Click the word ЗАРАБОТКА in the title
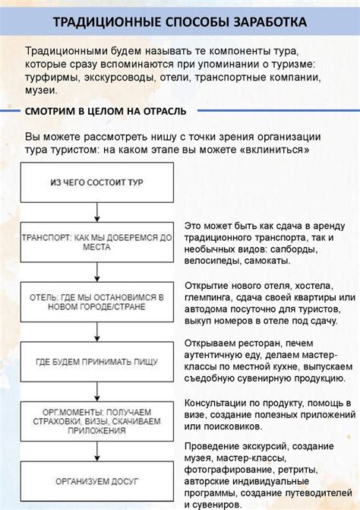pos(267,21)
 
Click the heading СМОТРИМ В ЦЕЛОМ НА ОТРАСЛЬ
pos(105,112)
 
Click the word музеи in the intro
pos(40,90)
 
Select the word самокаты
pos(266,261)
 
